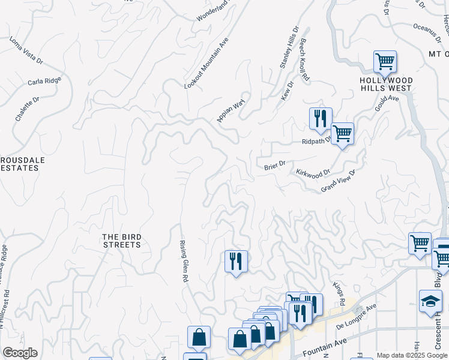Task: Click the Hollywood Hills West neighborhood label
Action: click(386, 84)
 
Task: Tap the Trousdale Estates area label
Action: click(19, 164)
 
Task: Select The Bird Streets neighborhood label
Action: click(121, 241)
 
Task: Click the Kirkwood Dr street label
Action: click(313, 172)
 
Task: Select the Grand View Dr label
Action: click(338, 181)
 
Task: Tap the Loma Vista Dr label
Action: click(26, 51)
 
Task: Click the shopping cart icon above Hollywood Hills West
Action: click(385, 61)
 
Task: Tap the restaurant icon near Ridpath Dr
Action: click(321, 118)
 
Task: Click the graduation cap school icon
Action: click(430, 301)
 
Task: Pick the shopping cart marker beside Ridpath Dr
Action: click(342, 133)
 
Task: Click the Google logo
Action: click(20, 353)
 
